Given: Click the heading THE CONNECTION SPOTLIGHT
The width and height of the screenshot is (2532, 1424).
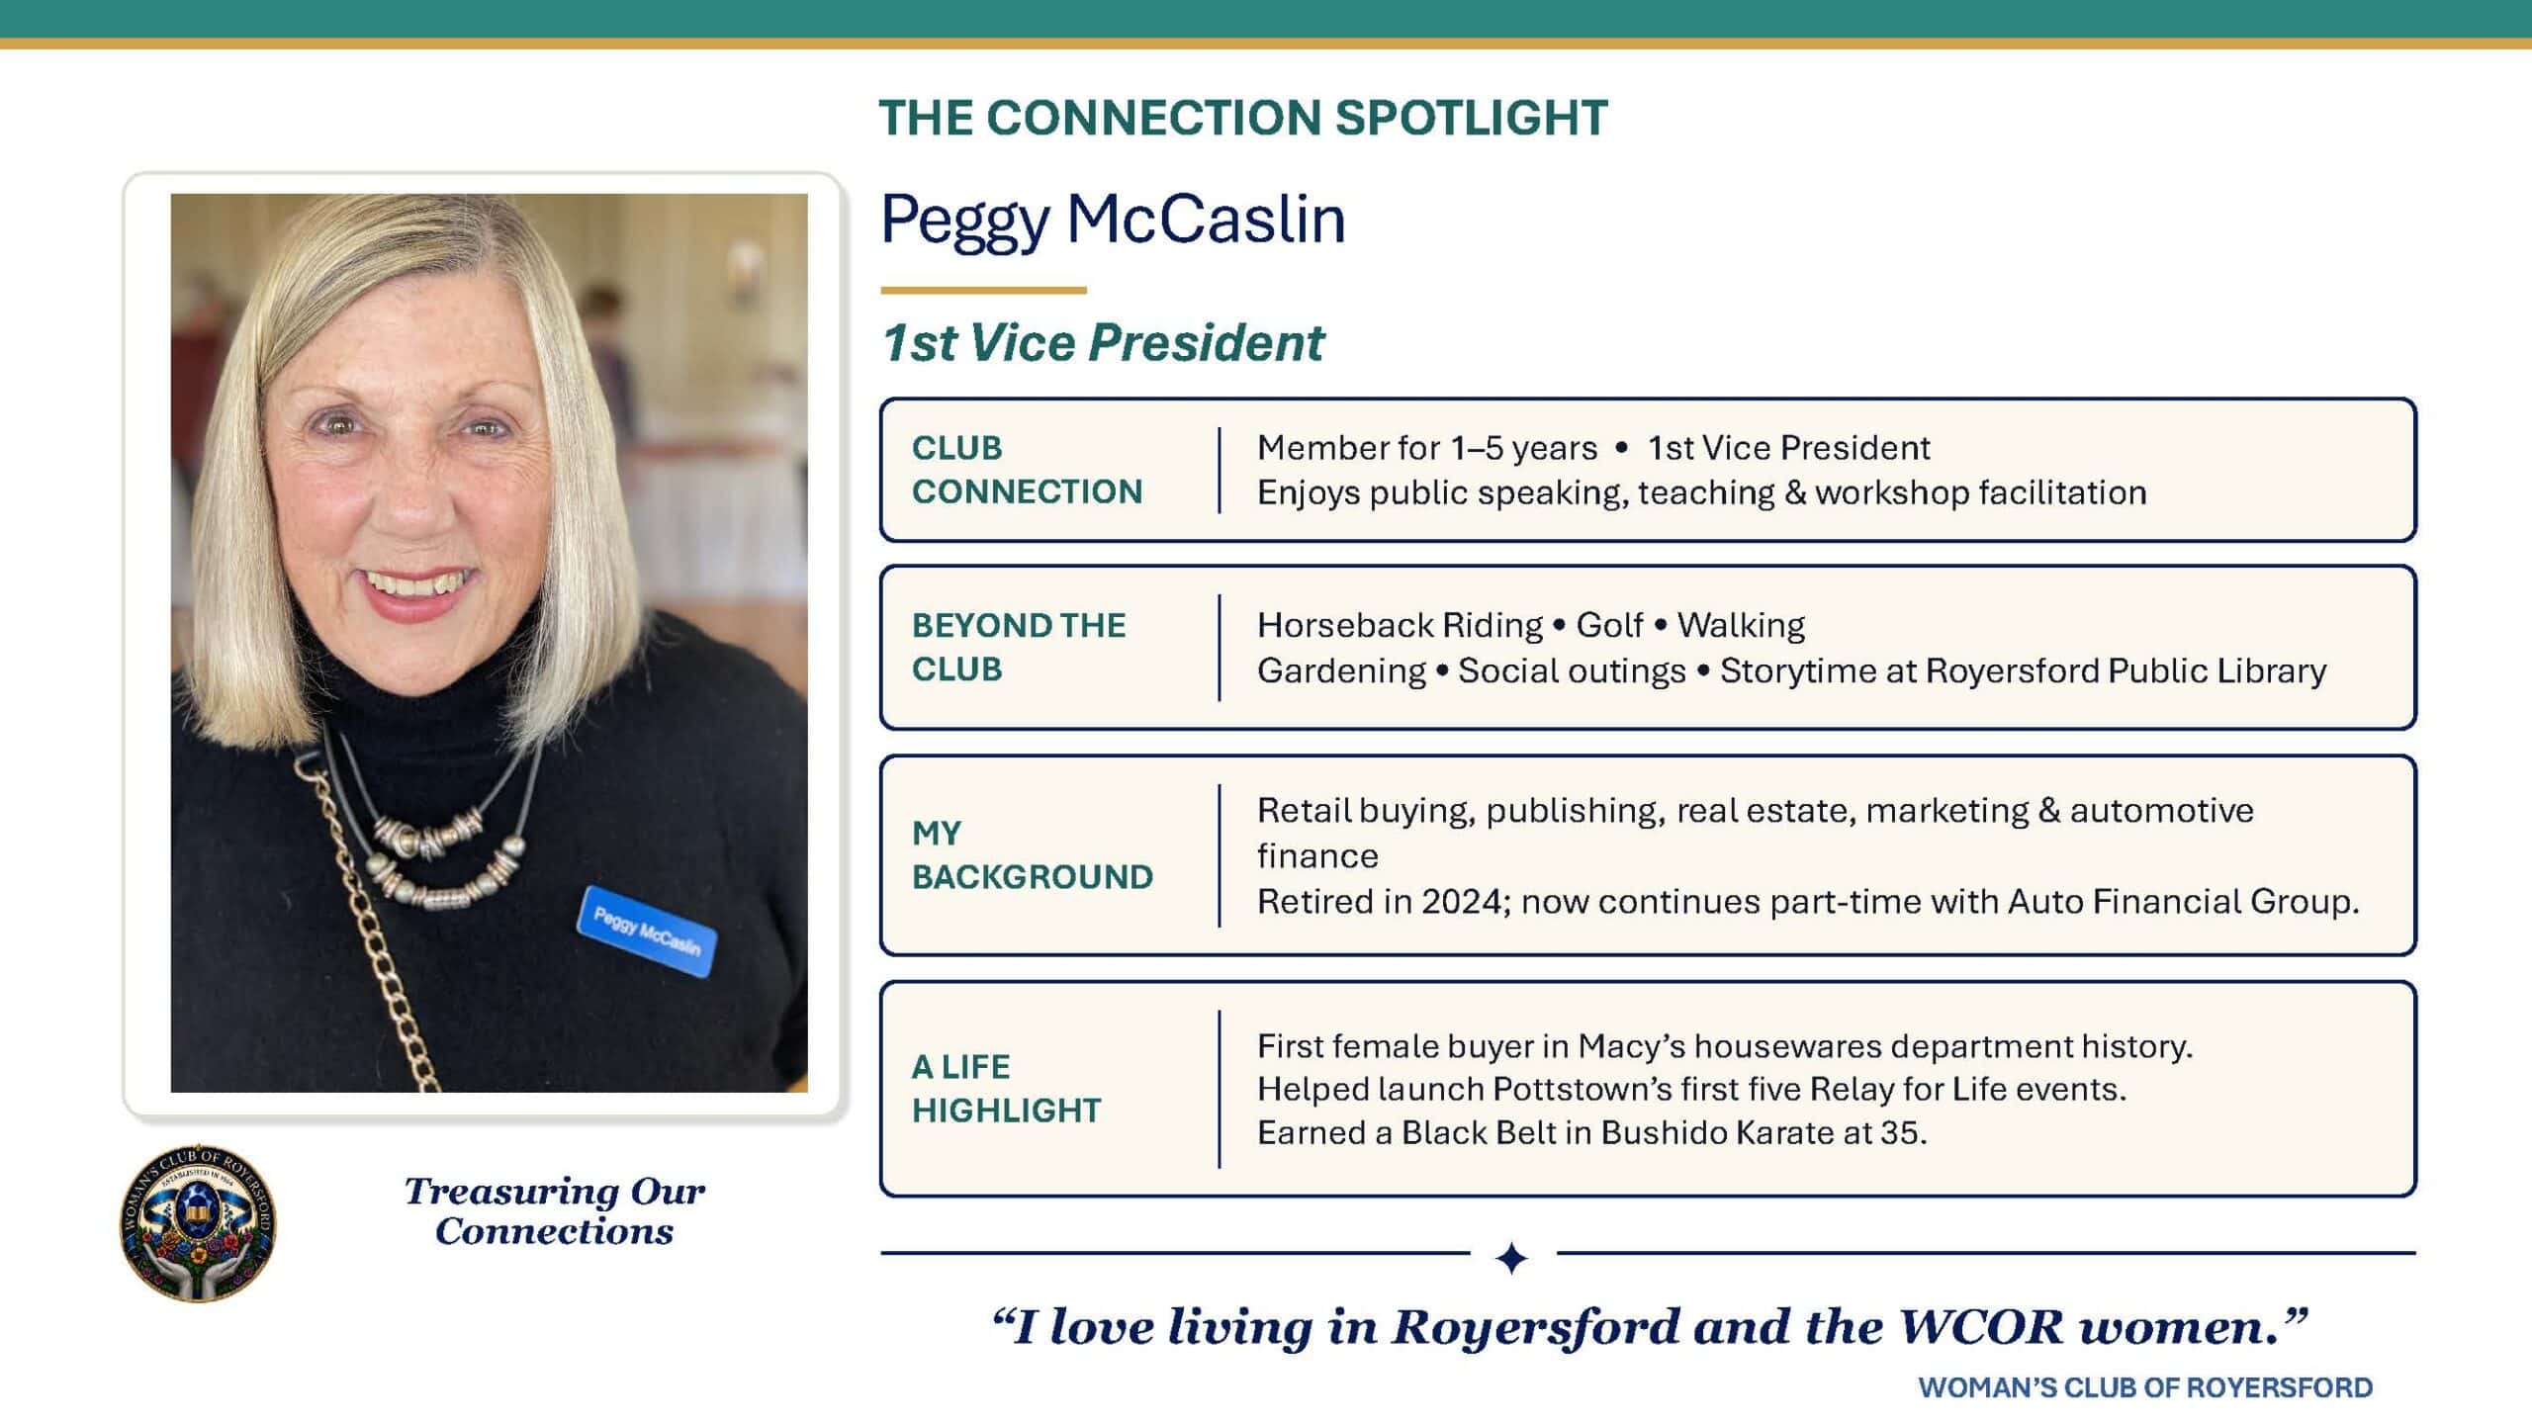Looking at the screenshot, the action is pos(1243,118).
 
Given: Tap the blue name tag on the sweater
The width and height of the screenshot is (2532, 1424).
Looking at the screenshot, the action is pos(647,932).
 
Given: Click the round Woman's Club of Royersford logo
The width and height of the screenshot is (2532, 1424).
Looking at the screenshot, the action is pos(198,1223).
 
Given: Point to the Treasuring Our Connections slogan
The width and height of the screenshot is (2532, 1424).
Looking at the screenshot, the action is pos(554,1211).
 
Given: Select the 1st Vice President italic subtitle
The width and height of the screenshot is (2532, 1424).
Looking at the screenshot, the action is pos(1102,343).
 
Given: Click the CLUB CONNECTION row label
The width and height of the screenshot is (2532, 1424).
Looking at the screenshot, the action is pos(1027,470).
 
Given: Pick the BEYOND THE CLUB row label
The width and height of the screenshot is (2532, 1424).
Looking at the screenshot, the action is pos(1019,648).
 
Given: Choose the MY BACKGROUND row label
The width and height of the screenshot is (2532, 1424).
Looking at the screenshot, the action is pos(1033,855).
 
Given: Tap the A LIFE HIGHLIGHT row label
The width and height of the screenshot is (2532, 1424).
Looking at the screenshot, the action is pos(1006,1089).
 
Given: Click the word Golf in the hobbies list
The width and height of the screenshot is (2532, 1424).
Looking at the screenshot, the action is pos(1609,625).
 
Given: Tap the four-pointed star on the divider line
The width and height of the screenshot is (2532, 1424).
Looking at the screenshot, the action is pos(1512,1259).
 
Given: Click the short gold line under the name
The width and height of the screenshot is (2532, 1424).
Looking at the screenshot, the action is pos(983,291).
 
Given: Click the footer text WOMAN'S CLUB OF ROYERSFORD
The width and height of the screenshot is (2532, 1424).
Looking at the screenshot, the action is pos(2145,1388).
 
